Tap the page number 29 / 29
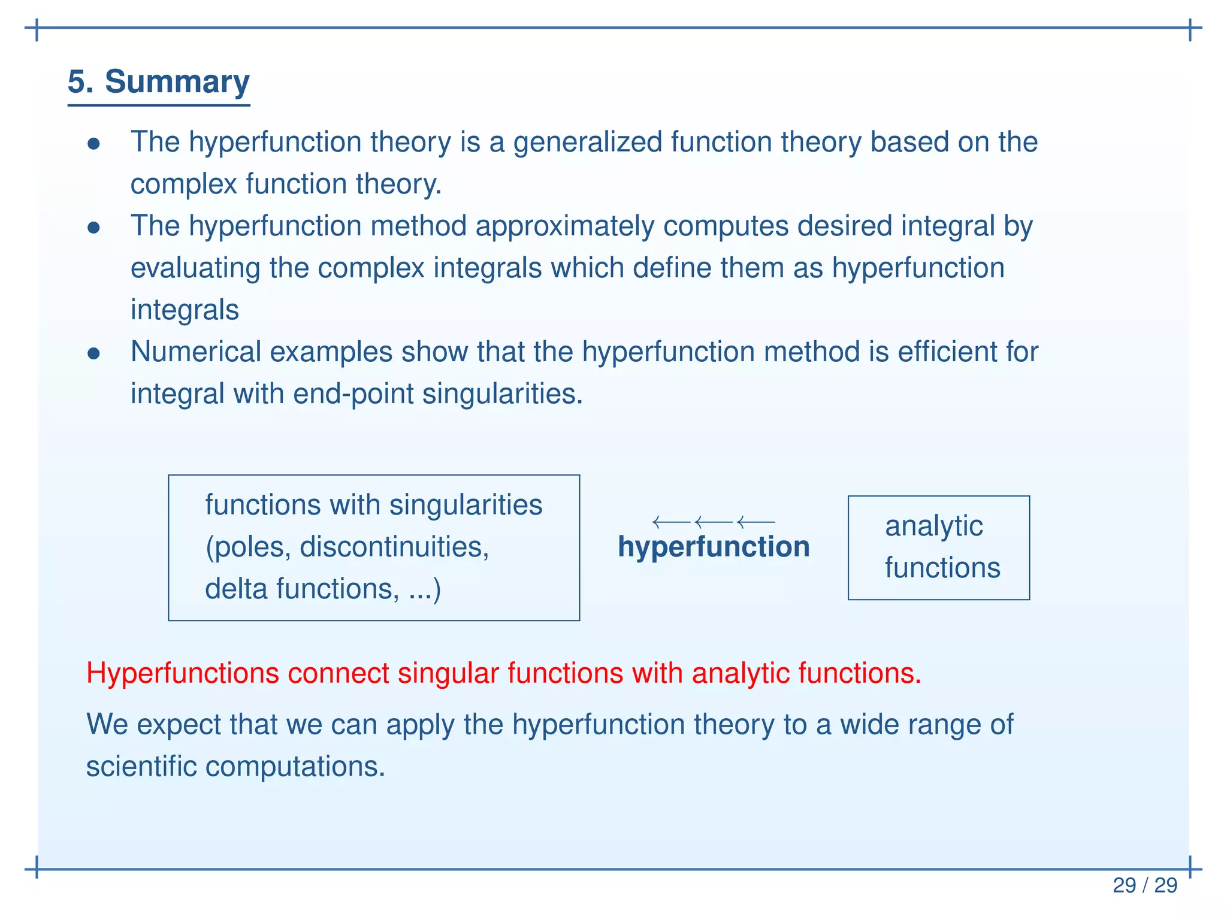coord(1144,885)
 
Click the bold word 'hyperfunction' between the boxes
coord(714,547)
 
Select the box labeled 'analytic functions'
coord(938,547)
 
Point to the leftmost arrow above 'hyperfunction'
coord(671,522)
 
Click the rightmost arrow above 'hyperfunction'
coord(756,522)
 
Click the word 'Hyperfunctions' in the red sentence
coord(182,673)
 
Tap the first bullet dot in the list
coord(93,144)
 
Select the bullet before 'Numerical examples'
coord(93,353)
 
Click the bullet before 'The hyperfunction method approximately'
coord(93,228)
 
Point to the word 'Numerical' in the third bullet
coord(196,352)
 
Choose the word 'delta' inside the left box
coord(236,589)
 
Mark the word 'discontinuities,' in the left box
coord(394,547)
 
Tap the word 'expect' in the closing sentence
coord(178,725)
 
